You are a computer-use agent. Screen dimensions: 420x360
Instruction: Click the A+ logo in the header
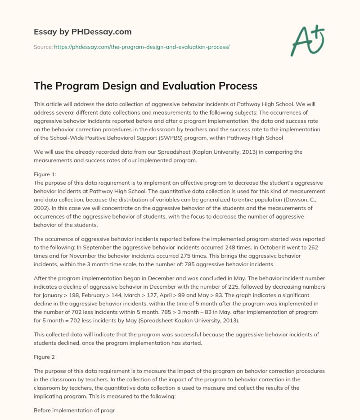tap(307, 39)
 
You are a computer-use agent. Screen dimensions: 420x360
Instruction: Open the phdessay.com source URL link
tap(142, 47)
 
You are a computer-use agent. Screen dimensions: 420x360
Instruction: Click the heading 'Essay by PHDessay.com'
tap(83, 32)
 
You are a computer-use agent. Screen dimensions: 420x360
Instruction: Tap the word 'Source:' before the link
tap(43, 47)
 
